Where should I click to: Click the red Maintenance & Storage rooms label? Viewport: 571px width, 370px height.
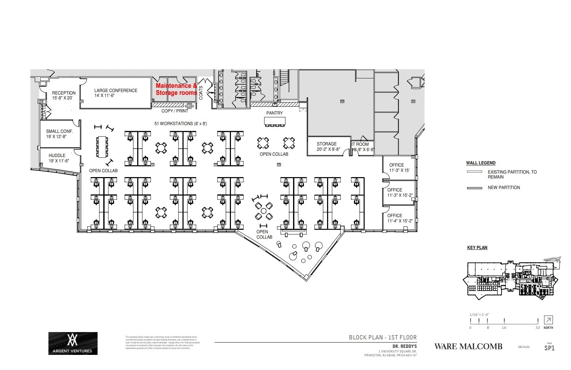click(176, 89)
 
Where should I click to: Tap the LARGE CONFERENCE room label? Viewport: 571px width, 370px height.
click(115, 93)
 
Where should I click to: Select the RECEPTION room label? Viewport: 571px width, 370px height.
click(64, 95)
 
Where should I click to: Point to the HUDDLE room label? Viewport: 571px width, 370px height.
click(58, 158)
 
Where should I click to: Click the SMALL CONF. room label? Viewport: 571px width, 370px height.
click(59, 134)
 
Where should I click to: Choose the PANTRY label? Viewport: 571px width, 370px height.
click(274, 113)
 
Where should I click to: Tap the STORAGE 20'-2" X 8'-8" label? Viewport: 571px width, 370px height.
click(328, 147)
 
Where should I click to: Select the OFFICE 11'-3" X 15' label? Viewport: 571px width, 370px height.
click(399, 167)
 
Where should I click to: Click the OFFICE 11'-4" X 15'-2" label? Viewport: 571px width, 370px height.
click(400, 218)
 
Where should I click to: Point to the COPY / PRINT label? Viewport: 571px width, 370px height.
click(175, 111)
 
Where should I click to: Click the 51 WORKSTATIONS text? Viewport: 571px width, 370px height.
click(181, 124)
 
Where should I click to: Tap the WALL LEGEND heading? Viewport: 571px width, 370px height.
click(480, 163)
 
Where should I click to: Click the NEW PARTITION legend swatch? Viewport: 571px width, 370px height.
click(474, 188)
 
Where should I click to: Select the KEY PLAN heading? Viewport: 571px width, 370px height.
click(477, 248)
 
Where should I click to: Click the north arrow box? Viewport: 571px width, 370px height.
click(548, 320)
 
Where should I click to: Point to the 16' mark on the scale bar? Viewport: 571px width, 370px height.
click(504, 321)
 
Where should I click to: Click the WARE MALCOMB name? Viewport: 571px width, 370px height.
click(468, 346)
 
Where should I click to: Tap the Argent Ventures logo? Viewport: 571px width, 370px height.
click(73, 343)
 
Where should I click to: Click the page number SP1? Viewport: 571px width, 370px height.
click(549, 348)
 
